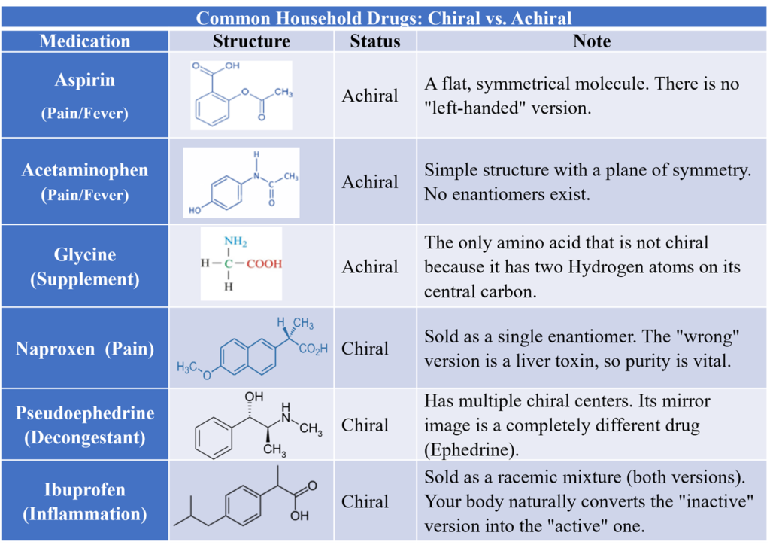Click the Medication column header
pos(85,41)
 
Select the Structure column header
pos(251,41)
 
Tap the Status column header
pos(375,41)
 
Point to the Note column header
pos(592,41)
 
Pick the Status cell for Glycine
pos(370,267)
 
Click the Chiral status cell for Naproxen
pos(365,349)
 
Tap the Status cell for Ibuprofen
pos(365,501)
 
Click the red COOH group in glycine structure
pos(264,264)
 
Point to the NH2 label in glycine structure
pos(235,242)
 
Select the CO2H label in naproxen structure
pos(314,349)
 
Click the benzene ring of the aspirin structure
pos(212,108)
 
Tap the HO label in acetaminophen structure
pos(195,210)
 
